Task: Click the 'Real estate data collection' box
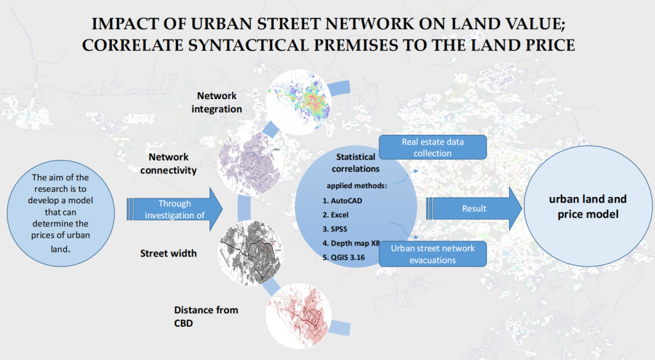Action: point(433,147)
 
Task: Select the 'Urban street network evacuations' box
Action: point(433,254)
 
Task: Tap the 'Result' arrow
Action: point(474,208)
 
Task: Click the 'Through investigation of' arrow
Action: point(175,209)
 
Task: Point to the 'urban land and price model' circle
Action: point(588,207)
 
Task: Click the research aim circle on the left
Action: point(61,213)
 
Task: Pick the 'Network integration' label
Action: point(216,102)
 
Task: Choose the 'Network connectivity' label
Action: point(168,163)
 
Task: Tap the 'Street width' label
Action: point(168,253)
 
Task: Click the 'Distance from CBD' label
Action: point(206,316)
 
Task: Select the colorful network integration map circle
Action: point(299,102)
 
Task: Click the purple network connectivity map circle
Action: point(250,164)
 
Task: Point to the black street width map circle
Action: point(250,253)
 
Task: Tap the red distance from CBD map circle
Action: point(299,316)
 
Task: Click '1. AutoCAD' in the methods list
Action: point(342,201)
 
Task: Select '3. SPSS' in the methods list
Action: point(335,230)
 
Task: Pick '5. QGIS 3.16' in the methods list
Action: point(343,258)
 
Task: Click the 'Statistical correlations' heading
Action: point(356,163)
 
